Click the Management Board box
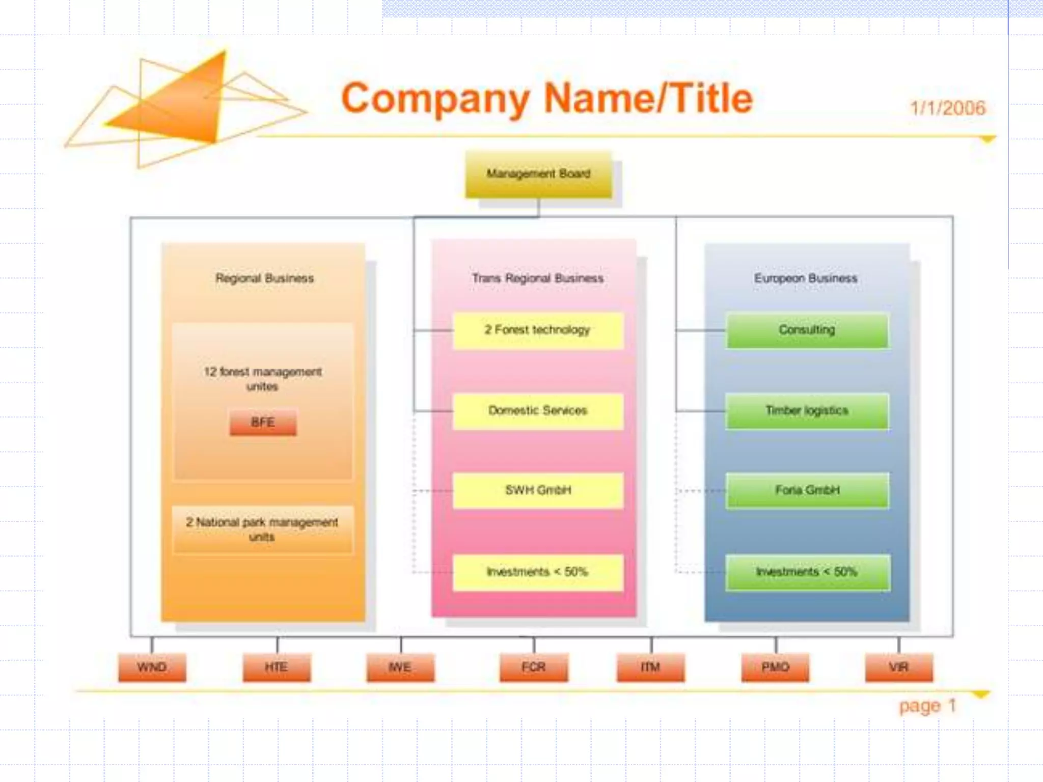tap(538, 174)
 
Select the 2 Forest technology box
tap(538, 330)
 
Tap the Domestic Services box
tap(538, 411)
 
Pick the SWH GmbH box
tap(538, 490)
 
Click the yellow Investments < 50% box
tap(538, 572)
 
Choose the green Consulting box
tap(807, 330)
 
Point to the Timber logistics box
tap(807, 411)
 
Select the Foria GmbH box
tap(807, 490)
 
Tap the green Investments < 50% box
tap(807, 572)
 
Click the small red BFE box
tap(263, 423)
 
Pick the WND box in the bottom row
tap(152, 667)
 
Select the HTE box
tap(277, 667)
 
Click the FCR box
tap(534, 667)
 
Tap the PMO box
tap(775, 667)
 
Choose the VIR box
tap(899, 667)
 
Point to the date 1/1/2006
tap(947, 108)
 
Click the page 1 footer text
tap(927, 706)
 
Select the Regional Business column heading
tap(264, 278)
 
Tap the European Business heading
tap(806, 278)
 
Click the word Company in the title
tap(435, 99)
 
